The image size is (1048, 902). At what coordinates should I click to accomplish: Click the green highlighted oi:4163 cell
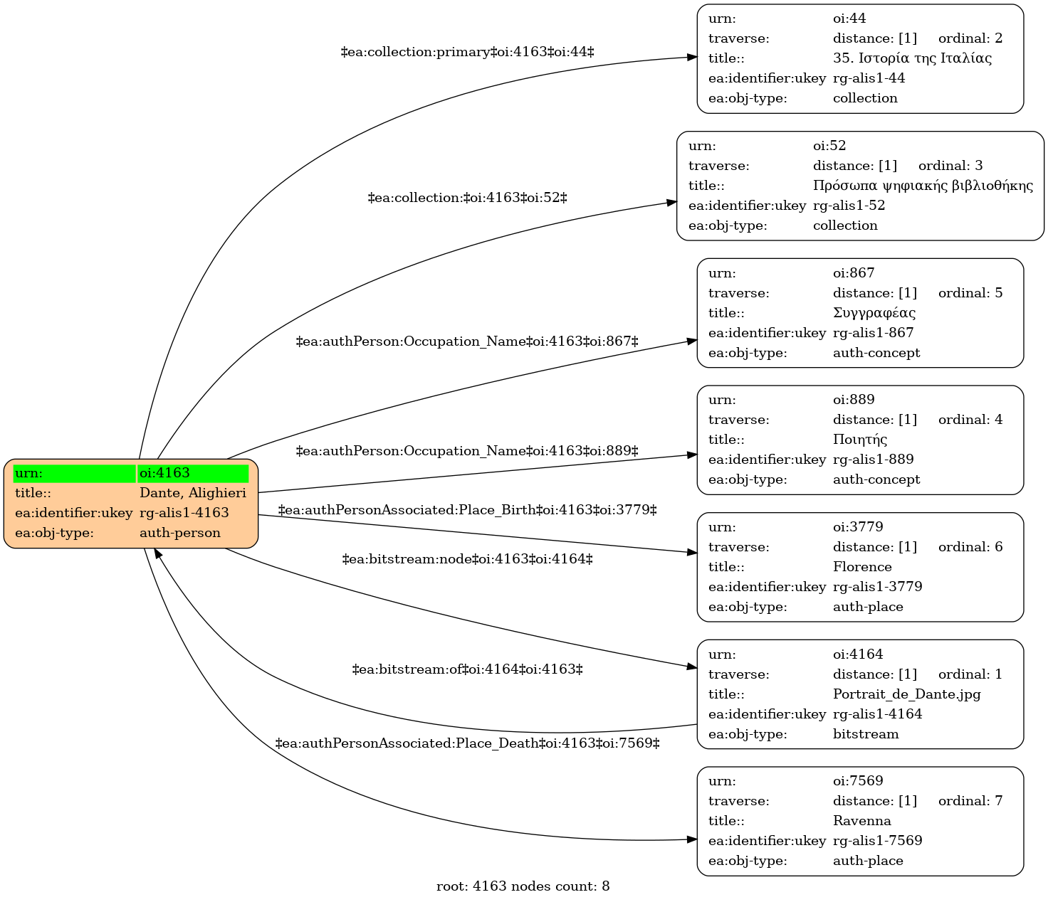[193, 473]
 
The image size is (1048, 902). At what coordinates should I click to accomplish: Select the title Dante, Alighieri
[193, 493]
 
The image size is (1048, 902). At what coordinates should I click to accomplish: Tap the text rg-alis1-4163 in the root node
[184, 513]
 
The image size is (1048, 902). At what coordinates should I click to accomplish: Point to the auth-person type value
[180, 533]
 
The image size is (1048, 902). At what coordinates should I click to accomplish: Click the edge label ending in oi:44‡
[467, 52]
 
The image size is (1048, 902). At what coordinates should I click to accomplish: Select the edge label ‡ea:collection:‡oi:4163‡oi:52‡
[467, 198]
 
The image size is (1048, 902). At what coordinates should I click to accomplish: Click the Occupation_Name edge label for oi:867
[467, 341]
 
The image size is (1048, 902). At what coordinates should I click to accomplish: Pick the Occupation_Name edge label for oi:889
[467, 451]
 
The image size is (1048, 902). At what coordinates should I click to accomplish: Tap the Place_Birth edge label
[467, 510]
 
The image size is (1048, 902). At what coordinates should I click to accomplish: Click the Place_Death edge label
[467, 743]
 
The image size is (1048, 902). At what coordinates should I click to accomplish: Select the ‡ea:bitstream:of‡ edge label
[467, 670]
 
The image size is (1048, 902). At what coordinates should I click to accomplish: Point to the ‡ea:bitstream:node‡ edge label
[467, 559]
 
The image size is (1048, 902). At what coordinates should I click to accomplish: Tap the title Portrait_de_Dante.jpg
[906, 694]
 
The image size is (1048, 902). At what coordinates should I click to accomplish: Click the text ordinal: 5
[970, 293]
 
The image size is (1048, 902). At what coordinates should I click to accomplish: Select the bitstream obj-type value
[866, 733]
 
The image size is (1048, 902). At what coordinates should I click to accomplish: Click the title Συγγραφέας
[874, 313]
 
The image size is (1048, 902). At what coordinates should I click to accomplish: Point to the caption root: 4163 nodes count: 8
[523, 886]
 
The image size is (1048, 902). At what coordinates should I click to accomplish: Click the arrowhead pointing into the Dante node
[158, 554]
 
